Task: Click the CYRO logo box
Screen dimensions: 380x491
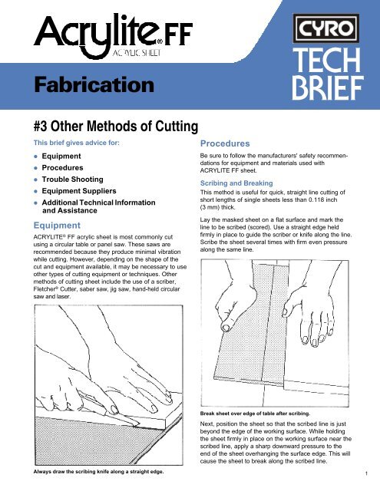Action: [325, 28]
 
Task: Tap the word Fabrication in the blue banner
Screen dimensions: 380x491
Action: [94, 85]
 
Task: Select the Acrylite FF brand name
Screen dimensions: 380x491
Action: [113, 35]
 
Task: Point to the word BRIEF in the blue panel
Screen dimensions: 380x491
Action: [328, 88]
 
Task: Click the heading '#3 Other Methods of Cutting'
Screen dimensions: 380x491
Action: [116, 126]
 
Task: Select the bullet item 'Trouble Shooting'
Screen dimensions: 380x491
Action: [73, 180]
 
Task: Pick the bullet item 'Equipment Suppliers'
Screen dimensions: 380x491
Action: [79, 191]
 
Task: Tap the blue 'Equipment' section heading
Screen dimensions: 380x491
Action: [57, 226]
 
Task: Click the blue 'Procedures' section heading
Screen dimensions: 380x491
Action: [225, 143]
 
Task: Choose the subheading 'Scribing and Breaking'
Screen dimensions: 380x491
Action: [236, 183]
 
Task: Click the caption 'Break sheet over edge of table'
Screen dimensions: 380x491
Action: [239, 414]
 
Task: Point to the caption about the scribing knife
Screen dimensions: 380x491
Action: [99, 472]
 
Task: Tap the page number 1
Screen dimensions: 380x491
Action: [366, 473]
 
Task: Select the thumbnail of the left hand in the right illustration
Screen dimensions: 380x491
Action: [226, 328]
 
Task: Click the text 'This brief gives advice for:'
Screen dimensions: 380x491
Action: [77, 143]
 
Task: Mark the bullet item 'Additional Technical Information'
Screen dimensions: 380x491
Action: [99, 203]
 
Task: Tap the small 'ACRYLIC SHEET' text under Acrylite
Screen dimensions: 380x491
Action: [137, 53]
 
